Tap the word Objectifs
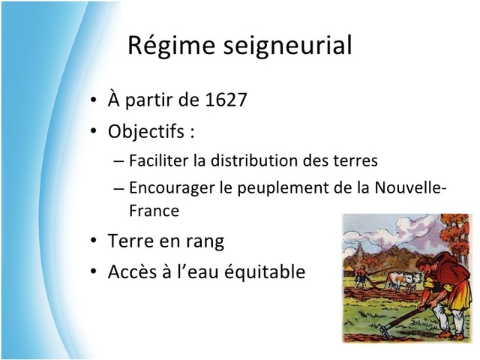point(146,132)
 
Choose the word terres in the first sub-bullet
point(356,160)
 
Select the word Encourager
point(171,187)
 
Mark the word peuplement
point(274,187)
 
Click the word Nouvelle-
point(411,187)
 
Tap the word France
point(154,211)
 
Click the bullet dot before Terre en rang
point(92,242)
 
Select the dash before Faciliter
point(120,161)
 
